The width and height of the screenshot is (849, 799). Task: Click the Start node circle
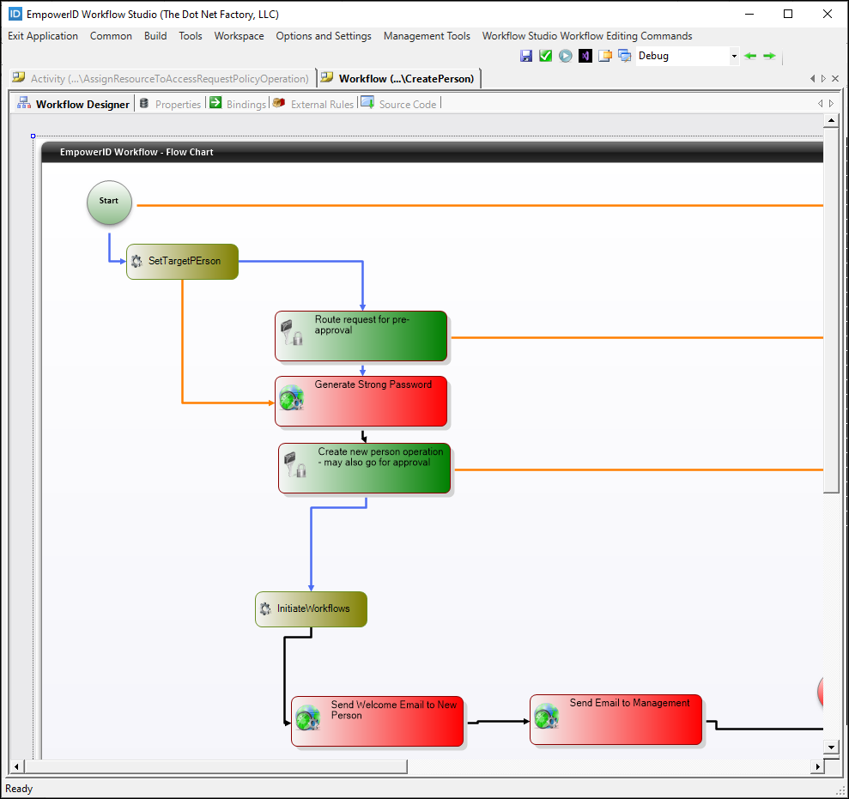coord(109,203)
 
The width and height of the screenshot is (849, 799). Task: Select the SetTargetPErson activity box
coord(183,262)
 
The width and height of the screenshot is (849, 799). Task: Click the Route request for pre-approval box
coord(361,336)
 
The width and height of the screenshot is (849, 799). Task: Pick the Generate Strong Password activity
coord(361,401)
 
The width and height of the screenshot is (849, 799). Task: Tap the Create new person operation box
coord(364,468)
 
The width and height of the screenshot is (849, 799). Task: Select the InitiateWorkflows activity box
coord(311,609)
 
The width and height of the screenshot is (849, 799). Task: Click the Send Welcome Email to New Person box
coord(378,721)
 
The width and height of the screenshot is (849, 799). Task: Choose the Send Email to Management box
coord(616,719)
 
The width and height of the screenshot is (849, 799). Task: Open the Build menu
coord(155,36)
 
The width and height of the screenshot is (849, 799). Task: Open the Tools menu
coord(191,36)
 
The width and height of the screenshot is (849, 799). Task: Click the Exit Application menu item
coord(43,36)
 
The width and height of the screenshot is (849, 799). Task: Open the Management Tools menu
coord(427,36)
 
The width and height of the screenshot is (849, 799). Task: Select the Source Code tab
coord(407,104)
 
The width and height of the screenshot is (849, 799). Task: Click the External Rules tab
coord(322,104)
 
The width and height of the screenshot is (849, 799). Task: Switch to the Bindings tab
coord(246,104)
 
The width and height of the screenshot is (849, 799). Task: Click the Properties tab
coord(178,104)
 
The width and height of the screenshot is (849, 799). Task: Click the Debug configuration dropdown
coord(687,56)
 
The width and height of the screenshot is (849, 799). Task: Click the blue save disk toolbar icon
coord(526,56)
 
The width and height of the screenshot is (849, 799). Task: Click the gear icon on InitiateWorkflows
coord(265,609)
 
